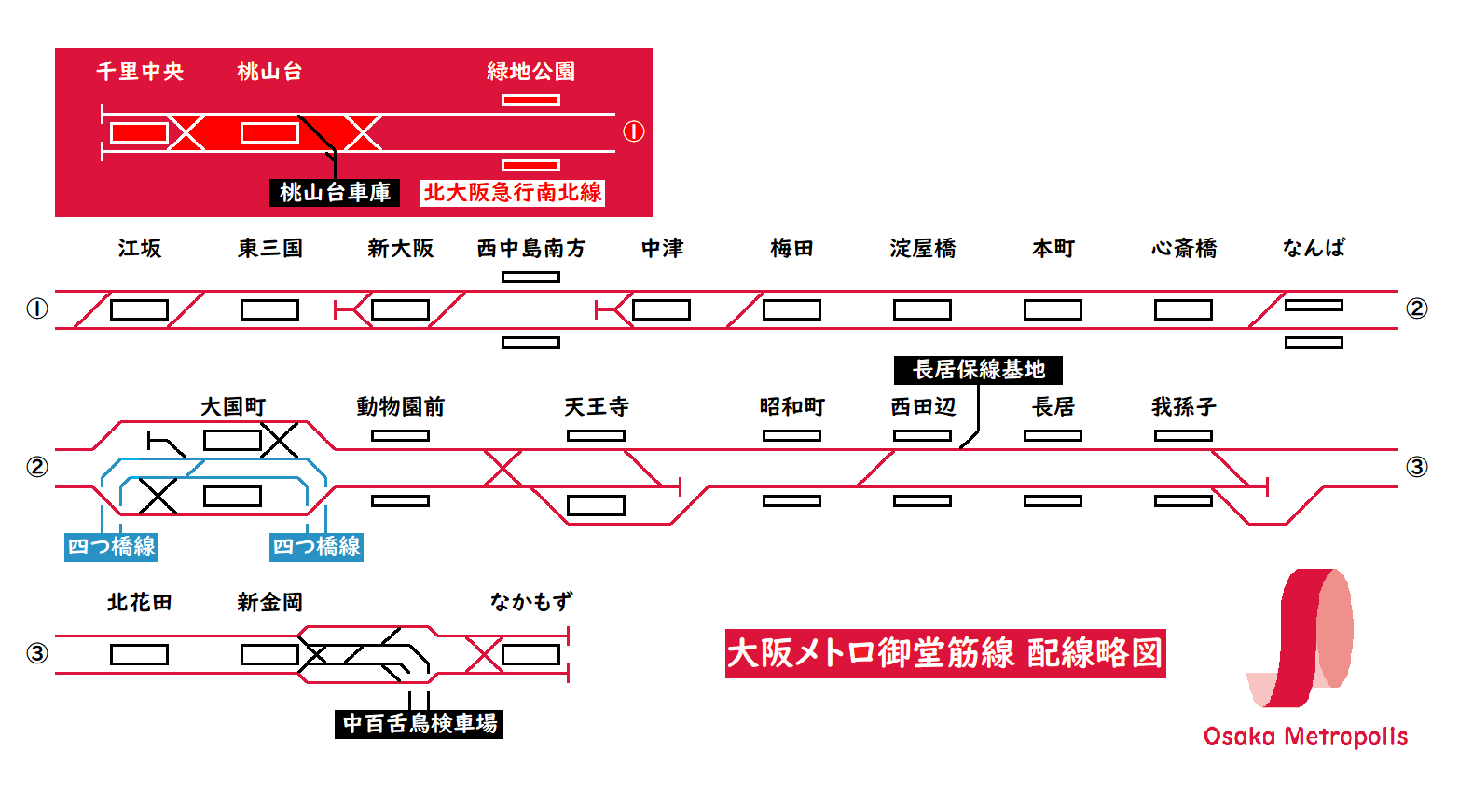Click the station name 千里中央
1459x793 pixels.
coord(140,71)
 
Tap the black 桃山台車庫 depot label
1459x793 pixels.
coord(335,193)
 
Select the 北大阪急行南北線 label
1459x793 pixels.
coord(512,193)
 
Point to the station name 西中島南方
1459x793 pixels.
coord(531,248)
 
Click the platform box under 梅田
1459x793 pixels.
coord(791,309)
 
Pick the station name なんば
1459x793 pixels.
coord(1314,248)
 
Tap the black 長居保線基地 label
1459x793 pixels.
coord(978,370)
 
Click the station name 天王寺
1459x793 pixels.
coord(597,407)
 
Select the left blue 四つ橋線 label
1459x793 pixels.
coord(111,547)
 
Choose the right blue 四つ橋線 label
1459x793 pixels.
coord(316,547)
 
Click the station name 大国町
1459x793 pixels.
coord(233,407)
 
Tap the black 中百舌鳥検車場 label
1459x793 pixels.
coord(419,724)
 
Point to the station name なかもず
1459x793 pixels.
coord(531,602)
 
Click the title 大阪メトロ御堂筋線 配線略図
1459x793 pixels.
coord(945,653)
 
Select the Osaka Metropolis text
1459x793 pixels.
coord(1305,736)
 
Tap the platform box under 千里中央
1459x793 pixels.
coord(139,132)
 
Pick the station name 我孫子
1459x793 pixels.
coord(1183,407)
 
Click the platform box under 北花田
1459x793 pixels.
coord(139,654)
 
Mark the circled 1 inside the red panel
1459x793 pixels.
coord(634,131)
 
